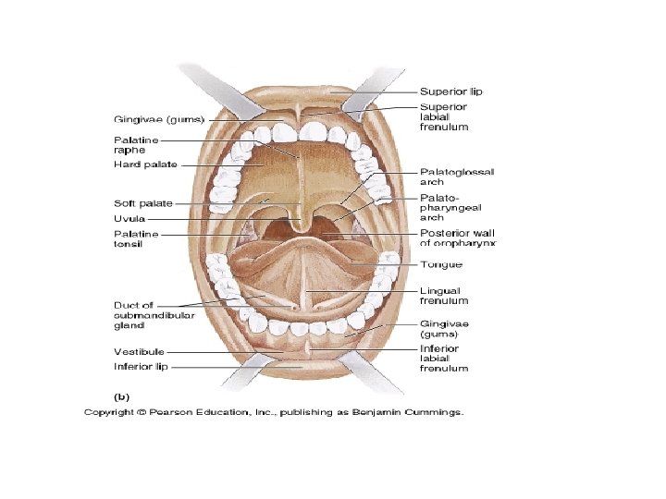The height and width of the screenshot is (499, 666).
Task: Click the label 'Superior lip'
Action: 450,91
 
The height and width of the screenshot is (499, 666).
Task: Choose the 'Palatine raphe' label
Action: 135,145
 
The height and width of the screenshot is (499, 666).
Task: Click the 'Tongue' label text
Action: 440,264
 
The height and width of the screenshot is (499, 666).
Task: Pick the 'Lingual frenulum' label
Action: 444,295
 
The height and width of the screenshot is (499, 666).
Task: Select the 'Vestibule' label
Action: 139,351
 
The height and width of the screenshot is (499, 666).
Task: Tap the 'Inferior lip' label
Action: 142,366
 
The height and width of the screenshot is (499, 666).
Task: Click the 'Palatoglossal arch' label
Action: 457,176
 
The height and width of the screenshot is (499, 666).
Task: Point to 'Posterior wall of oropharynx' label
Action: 458,238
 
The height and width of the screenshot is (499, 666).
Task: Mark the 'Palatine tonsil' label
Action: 135,240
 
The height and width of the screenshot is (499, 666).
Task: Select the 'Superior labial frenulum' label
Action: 444,116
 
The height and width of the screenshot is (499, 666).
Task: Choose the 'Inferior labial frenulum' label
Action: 444,358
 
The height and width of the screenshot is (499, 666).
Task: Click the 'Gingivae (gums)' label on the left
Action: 159,119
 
